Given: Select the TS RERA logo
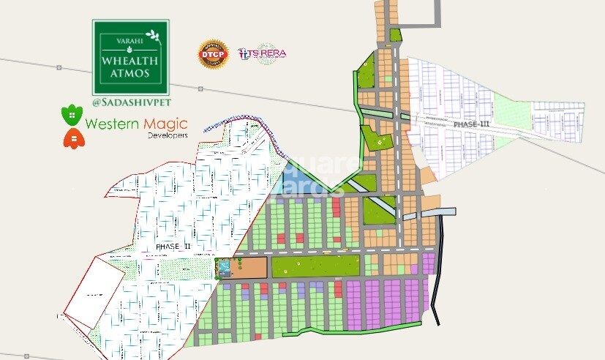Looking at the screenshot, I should [262, 53].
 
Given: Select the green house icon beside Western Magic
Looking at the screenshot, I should [71, 116].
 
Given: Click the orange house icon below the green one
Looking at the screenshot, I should [71, 138].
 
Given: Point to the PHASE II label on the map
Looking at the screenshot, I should [173, 247].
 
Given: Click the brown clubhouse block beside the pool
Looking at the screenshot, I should [249, 267].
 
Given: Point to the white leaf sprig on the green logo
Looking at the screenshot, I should [152, 34].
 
